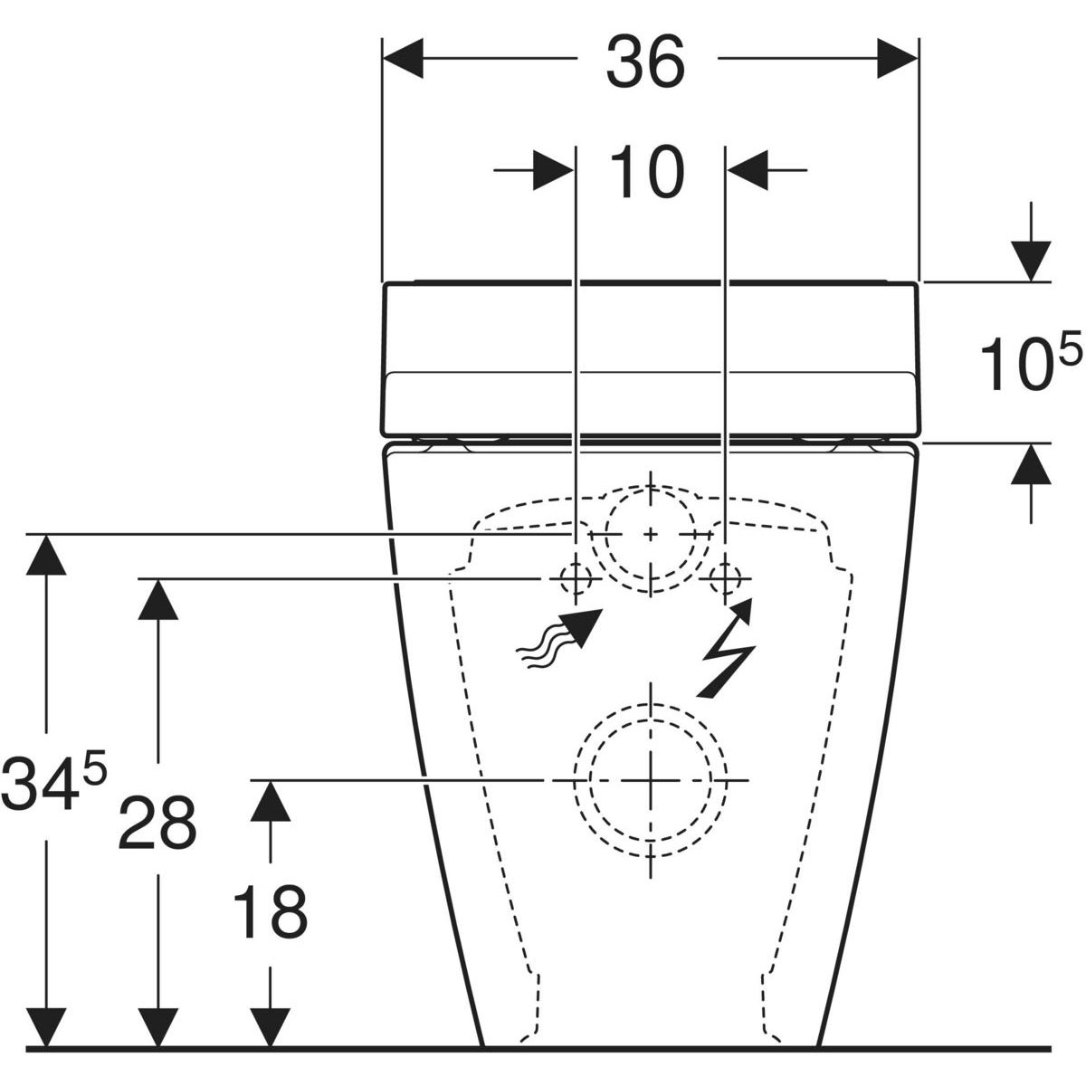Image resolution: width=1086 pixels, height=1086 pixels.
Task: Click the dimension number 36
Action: point(646,62)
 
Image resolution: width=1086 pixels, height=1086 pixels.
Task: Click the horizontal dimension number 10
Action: point(648,172)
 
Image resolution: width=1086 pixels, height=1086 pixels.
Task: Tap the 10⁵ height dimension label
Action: point(1031,361)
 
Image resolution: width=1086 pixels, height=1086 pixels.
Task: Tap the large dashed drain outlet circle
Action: point(651,780)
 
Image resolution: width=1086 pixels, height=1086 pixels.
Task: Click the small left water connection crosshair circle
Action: point(576,578)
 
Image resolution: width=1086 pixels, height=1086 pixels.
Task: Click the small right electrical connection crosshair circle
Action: point(726,578)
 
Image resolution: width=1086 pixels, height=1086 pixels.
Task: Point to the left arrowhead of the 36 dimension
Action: point(403,59)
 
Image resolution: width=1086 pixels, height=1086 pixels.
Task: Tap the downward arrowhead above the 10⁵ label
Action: point(1031,261)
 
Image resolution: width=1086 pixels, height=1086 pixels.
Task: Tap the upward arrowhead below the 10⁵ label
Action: point(1031,464)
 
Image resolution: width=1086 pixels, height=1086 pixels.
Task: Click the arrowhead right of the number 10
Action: point(748,169)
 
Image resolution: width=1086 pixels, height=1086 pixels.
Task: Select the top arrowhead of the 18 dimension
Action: point(271,800)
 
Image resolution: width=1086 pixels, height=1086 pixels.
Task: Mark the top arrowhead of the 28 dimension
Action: point(158,599)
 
